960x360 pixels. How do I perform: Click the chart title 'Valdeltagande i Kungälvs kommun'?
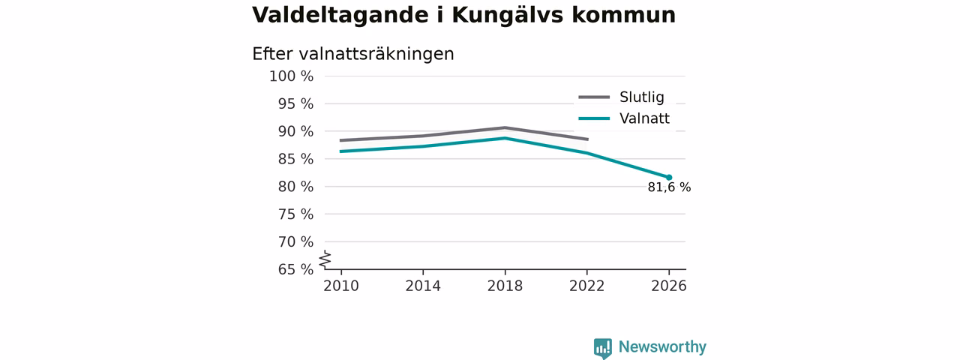coord(463,16)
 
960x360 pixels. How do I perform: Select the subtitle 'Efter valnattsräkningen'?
coord(352,54)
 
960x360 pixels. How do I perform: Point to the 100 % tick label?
coord(292,76)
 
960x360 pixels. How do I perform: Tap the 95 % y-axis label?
coord(295,103)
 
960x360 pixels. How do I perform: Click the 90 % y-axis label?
coord(295,131)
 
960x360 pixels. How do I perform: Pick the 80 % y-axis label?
coord(295,187)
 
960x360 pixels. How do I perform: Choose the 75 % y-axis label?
coord(295,214)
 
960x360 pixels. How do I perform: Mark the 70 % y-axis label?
coord(295,242)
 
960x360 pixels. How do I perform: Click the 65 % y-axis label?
coord(295,269)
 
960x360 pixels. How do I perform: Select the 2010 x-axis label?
coord(341,286)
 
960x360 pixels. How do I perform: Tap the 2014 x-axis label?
coord(423,286)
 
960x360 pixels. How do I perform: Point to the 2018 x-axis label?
coord(505,286)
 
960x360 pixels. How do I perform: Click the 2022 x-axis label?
coord(586,286)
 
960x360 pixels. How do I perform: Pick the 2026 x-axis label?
coord(668,286)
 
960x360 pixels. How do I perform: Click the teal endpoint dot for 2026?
coord(669,178)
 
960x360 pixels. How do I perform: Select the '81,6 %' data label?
coord(669,187)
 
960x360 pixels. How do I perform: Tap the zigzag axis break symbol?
coord(325,259)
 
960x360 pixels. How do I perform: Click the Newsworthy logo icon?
coord(602,348)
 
